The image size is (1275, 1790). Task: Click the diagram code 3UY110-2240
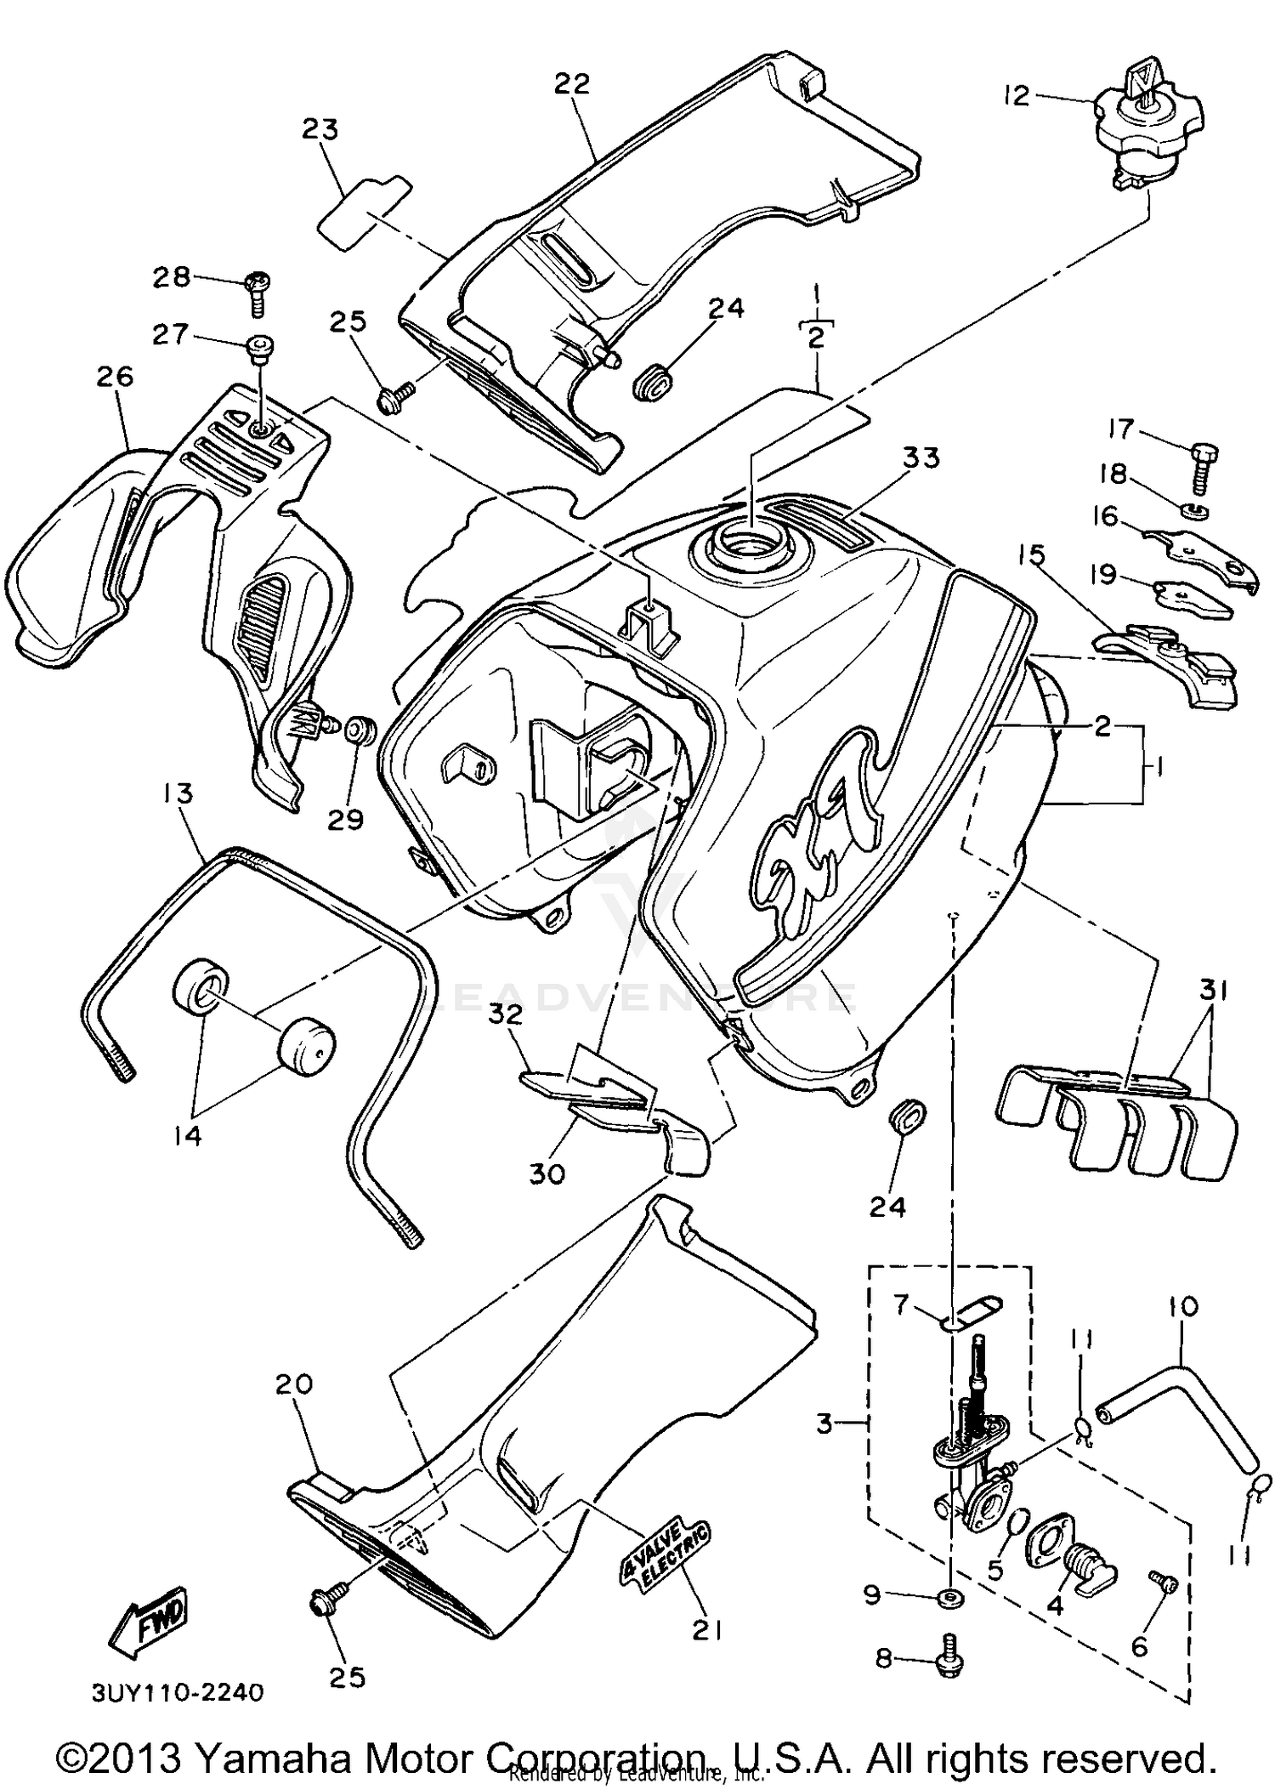[x=177, y=1691]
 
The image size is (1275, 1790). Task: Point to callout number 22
[x=572, y=84]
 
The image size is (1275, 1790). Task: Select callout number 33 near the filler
[x=921, y=457]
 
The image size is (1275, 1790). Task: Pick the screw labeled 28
[x=256, y=289]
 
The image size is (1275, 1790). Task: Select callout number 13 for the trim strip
[x=178, y=793]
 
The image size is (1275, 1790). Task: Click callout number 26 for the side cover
[x=115, y=376]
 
